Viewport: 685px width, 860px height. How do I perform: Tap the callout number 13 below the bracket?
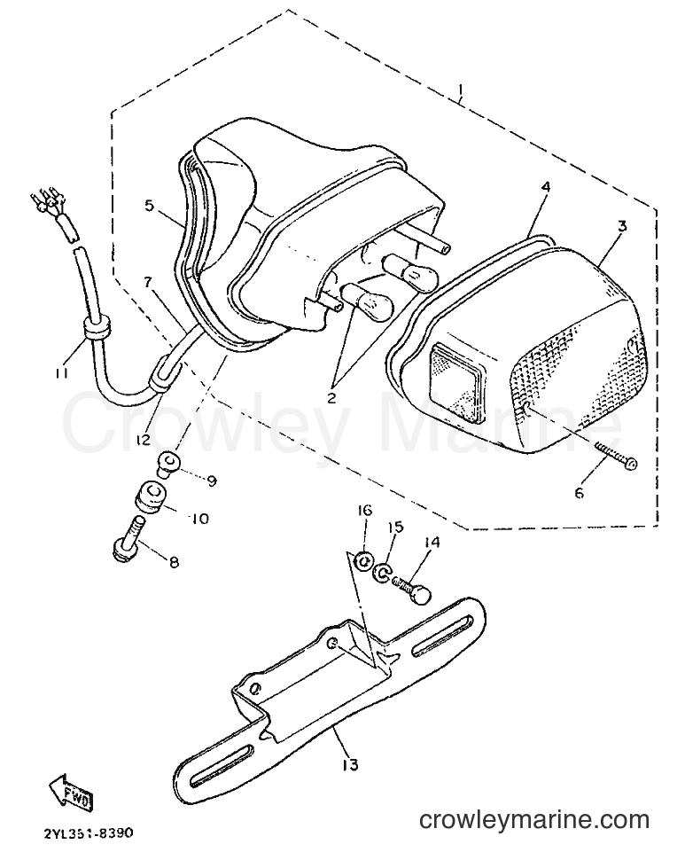[350, 764]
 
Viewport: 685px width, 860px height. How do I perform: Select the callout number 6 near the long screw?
[580, 493]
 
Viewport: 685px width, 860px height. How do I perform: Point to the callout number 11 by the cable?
[61, 373]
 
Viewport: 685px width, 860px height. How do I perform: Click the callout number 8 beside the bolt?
[174, 562]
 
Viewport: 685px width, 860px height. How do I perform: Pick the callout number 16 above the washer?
[365, 511]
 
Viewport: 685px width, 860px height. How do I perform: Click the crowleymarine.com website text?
[534, 821]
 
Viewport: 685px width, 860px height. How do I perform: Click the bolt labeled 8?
[130, 539]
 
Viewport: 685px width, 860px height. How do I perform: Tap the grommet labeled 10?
[150, 496]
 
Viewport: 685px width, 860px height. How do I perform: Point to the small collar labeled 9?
[167, 461]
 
